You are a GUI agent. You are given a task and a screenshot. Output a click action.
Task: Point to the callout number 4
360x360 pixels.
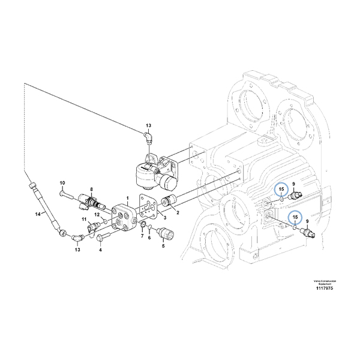[100, 250]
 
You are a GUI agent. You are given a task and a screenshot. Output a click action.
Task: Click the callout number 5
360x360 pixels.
[162, 245]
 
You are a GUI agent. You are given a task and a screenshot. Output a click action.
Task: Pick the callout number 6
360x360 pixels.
[149, 238]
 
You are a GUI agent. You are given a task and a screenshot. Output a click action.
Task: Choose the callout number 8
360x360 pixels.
[92, 189]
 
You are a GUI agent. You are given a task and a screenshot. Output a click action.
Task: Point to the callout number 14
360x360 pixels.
[37, 214]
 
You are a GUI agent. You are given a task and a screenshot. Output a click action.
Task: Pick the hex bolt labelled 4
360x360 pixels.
[99, 239]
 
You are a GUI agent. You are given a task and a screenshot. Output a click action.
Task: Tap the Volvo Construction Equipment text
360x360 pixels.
[324, 281]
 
